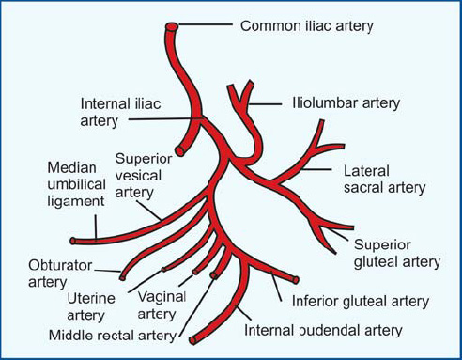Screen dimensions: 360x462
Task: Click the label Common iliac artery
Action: click(306, 25)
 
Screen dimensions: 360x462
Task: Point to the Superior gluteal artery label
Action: click(397, 250)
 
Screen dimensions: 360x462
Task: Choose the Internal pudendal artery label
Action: click(323, 330)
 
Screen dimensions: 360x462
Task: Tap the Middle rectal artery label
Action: click(112, 335)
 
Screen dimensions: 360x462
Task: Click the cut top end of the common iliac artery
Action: click(172, 26)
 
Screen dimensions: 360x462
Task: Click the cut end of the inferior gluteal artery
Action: click(294, 279)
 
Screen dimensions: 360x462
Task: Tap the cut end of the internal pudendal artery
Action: click(192, 340)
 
